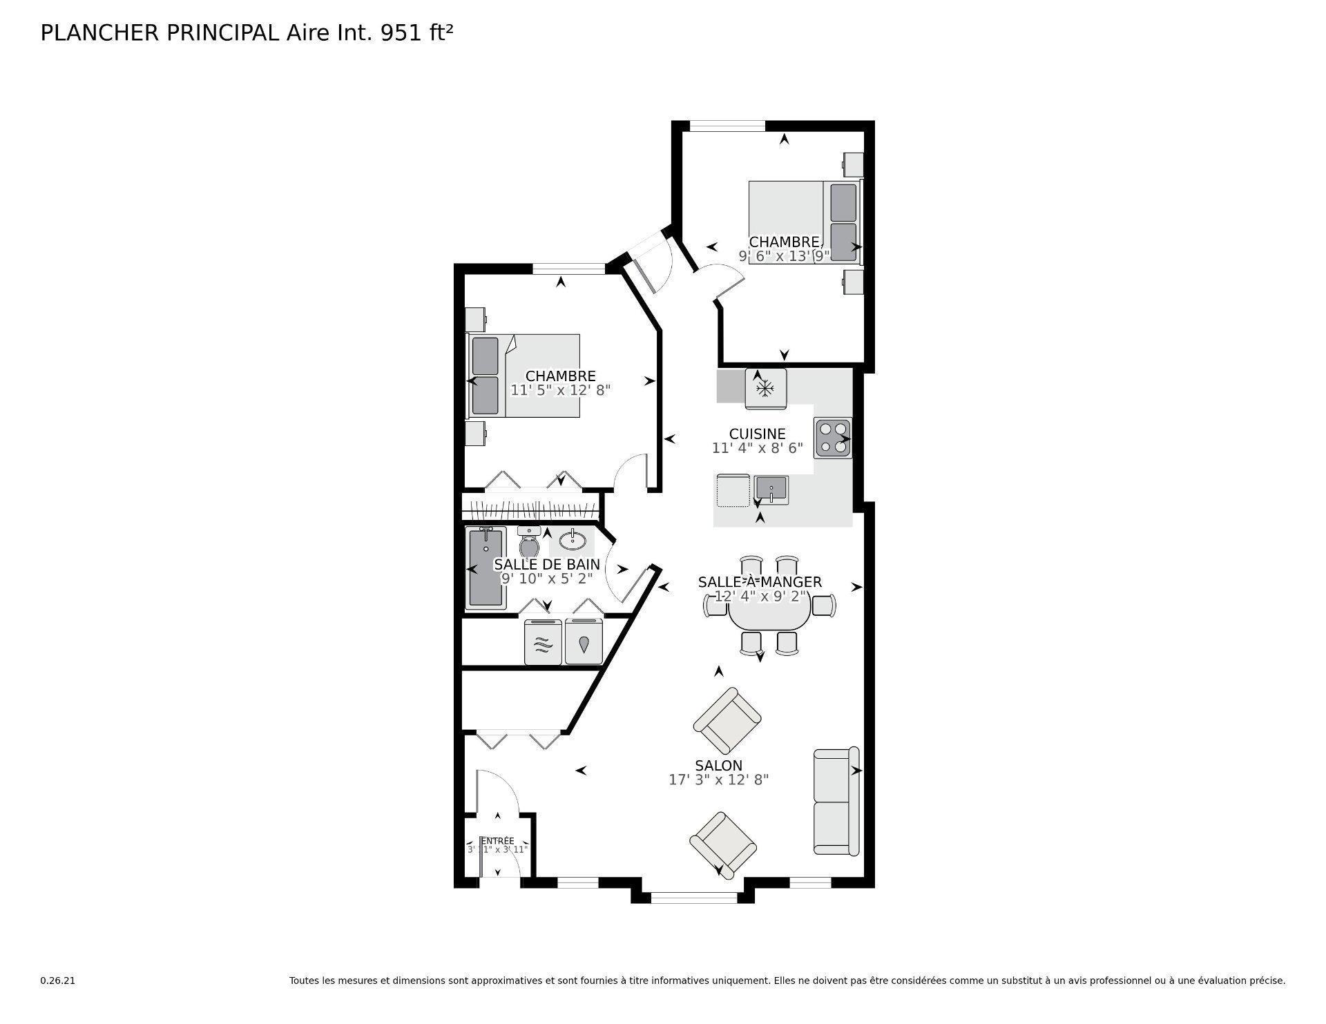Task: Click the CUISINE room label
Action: pyautogui.click(x=757, y=434)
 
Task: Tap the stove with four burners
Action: pyautogui.click(x=832, y=438)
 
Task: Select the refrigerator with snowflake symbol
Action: pyautogui.click(x=765, y=389)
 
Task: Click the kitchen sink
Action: pyautogui.click(x=771, y=490)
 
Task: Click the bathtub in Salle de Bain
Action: pyautogui.click(x=486, y=568)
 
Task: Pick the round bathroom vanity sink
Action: pyautogui.click(x=573, y=539)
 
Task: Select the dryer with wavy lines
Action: pyautogui.click(x=543, y=643)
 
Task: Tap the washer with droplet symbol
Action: pyautogui.click(x=584, y=643)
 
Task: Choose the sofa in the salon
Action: pyautogui.click(x=836, y=801)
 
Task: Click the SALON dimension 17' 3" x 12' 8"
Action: pyautogui.click(x=718, y=780)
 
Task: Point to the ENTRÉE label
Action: pyautogui.click(x=497, y=840)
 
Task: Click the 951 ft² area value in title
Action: pyautogui.click(x=417, y=33)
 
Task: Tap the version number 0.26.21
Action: pyautogui.click(x=57, y=980)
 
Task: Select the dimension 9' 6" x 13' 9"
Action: pyautogui.click(x=784, y=255)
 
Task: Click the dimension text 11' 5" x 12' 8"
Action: pyautogui.click(x=560, y=390)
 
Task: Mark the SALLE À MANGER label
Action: pyautogui.click(x=759, y=582)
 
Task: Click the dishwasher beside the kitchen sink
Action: pyautogui.click(x=732, y=490)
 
